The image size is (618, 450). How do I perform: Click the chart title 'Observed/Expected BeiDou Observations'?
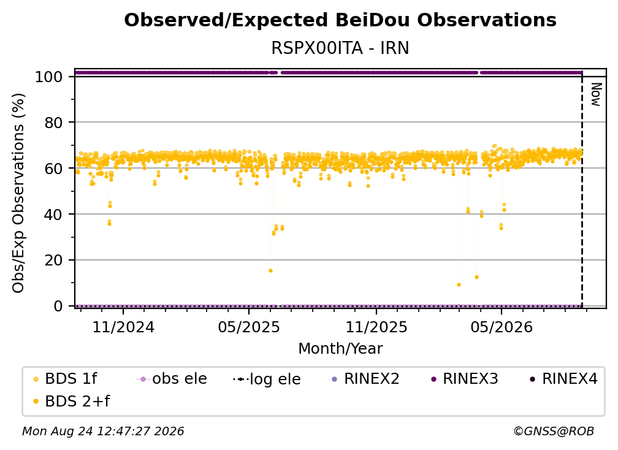tap(340, 20)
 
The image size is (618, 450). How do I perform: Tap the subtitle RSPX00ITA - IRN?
tap(340, 48)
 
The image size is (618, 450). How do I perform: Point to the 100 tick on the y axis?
tap(49, 77)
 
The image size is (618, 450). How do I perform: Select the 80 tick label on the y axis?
tap(53, 123)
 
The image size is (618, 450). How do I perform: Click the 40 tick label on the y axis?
tap(53, 215)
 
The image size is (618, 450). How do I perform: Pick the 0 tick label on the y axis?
tap(58, 306)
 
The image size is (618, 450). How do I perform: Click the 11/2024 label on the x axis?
tap(123, 327)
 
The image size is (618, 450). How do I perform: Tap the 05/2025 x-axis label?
tap(249, 327)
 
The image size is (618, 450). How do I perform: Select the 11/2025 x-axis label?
tap(376, 327)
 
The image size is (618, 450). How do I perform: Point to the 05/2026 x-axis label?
tap(502, 327)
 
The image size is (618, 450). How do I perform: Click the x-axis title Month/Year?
tap(340, 349)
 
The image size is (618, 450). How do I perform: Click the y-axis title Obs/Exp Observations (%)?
tap(18, 193)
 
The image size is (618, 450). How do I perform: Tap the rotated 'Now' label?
tap(596, 94)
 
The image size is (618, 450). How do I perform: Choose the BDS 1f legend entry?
tap(64, 379)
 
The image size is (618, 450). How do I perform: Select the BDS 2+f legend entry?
tap(71, 402)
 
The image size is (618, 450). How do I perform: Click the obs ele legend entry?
tap(172, 379)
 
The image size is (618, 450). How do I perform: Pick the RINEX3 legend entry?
tap(465, 379)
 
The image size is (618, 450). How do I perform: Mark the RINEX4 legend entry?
tap(563, 379)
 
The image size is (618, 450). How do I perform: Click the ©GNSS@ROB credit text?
tap(554, 432)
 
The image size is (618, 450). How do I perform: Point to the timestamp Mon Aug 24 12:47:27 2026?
tap(103, 432)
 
